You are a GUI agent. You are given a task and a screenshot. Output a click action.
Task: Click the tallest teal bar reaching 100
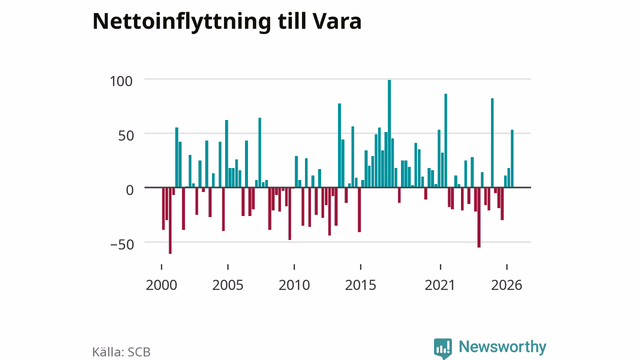[389, 133]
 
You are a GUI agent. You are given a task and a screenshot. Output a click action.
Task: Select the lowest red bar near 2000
[170, 220]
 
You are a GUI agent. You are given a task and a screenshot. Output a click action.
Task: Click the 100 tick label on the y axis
[121, 81]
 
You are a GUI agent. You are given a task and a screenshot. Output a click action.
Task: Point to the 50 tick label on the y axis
[125, 135]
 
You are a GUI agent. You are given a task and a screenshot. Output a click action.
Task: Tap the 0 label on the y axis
[129, 190]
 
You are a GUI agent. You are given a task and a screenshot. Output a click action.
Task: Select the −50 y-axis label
[122, 244]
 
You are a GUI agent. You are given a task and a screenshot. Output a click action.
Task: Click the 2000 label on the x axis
[161, 285]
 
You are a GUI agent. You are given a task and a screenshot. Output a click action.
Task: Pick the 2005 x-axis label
[227, 285]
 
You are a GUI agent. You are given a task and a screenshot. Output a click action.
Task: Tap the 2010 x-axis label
[294, 285]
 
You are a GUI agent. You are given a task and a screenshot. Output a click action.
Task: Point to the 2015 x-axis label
[360, 285]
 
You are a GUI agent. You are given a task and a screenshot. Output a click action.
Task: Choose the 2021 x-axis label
[439, 285]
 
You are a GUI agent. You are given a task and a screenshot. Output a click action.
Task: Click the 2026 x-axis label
[506, 285]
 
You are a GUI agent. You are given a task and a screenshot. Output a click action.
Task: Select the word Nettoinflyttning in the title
[181, 22]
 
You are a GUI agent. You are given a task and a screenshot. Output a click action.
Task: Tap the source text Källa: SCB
[121, 352]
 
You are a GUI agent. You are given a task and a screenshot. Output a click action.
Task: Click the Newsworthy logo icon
[443, 348]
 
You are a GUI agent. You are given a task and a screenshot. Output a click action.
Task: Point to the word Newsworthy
[502, 347]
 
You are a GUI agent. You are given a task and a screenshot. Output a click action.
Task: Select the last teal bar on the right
[512, 158]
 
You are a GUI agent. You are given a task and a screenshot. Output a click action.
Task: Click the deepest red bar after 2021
[479, 217]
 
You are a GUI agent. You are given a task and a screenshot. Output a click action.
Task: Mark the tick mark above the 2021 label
[440, 267]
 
